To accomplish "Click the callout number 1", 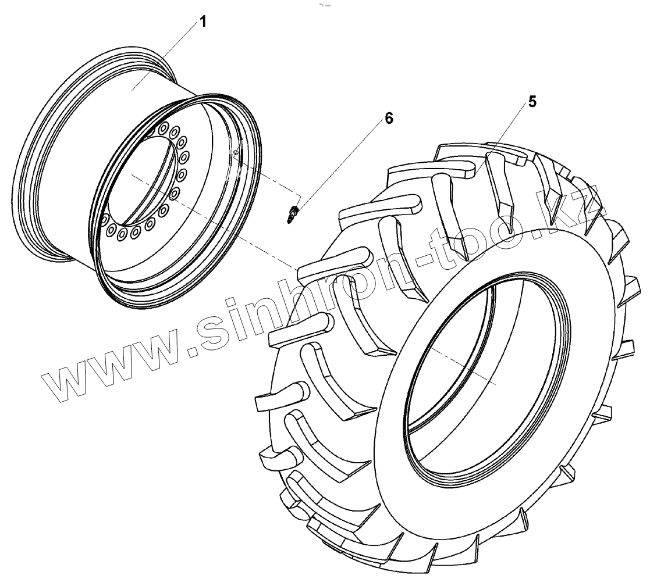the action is click(x=203, y=22).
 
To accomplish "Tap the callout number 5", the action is click(x=532, y=102).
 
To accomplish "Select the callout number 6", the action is click(x=389, y=119).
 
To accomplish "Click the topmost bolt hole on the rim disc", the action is click(x=164, y=126).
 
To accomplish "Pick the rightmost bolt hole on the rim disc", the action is click(x=184, y=156).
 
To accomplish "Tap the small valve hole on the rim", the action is click(x=236, y=152).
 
